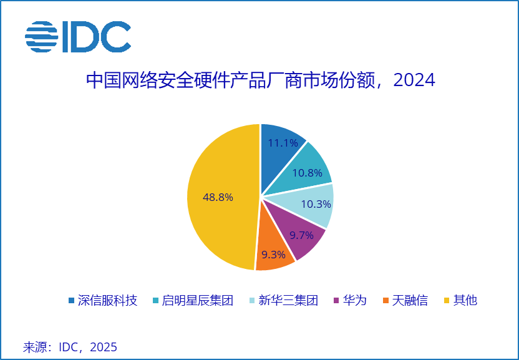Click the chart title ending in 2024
(x=259, y=81)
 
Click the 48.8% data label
(x=218, y=197)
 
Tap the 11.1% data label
(x=283, y=143)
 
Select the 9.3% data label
(x=273, y=255)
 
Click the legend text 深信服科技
(x=107, y=301)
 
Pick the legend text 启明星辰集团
(x=197, y=301)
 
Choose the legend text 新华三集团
(x=289, y=301)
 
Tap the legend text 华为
(x=355, y=301)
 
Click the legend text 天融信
(x=410, y=301)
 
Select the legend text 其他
(x=465, y=301)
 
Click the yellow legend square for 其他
(x=447, y=301)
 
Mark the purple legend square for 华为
(x=337, y=301)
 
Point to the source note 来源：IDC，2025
(x=70, y=347)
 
